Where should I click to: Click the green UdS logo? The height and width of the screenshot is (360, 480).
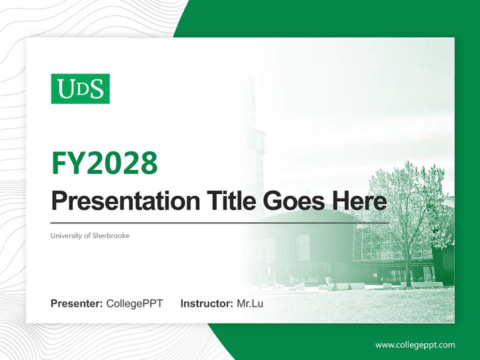click(x=80, y=89)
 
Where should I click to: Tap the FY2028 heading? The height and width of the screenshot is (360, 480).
click(x=104, y=163)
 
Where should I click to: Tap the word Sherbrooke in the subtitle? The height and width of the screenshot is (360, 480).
click(x=110, y=235)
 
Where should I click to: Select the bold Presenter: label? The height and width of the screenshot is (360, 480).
click(x=76, y=303)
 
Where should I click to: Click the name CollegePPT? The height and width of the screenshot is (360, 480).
click(x=134, y=303)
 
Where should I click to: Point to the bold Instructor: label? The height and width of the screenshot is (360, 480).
click(x=206, y=303)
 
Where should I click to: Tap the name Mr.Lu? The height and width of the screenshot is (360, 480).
click(x=250, y=303)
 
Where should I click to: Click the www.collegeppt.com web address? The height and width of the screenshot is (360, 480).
click(x=415, y=345)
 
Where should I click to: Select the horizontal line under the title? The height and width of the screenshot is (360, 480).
click(x=220, y=222)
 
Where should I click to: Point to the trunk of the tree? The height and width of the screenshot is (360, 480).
click(x=408, y=272)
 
